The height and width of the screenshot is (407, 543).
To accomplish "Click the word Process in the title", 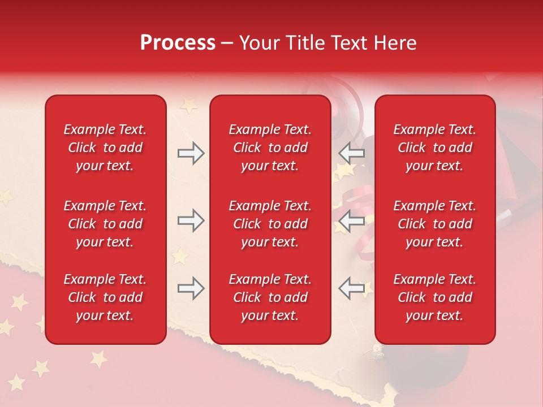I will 178,43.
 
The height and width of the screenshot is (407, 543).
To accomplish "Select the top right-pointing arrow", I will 191,153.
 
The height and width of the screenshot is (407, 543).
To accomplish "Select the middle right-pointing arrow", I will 191,220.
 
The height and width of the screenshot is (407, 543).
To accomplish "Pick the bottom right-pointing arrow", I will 191,288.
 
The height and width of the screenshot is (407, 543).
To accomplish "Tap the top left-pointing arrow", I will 352,153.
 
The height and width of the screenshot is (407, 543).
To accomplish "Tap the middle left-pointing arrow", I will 352,220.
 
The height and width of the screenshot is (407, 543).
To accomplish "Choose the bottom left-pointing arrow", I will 352,288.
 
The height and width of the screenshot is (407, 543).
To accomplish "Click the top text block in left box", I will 105,148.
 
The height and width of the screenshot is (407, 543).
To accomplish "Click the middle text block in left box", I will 105,224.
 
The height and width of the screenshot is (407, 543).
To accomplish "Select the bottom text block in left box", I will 105,297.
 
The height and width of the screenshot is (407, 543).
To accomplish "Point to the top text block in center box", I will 270,148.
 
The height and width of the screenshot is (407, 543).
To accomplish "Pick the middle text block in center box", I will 270,224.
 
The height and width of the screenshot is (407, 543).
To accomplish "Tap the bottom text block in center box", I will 270,297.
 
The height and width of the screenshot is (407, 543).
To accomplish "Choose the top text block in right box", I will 435,148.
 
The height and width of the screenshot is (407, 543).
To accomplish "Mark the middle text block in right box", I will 435,224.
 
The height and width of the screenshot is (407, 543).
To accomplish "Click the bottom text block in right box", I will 435,297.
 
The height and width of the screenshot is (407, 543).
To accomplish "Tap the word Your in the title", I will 258,43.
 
